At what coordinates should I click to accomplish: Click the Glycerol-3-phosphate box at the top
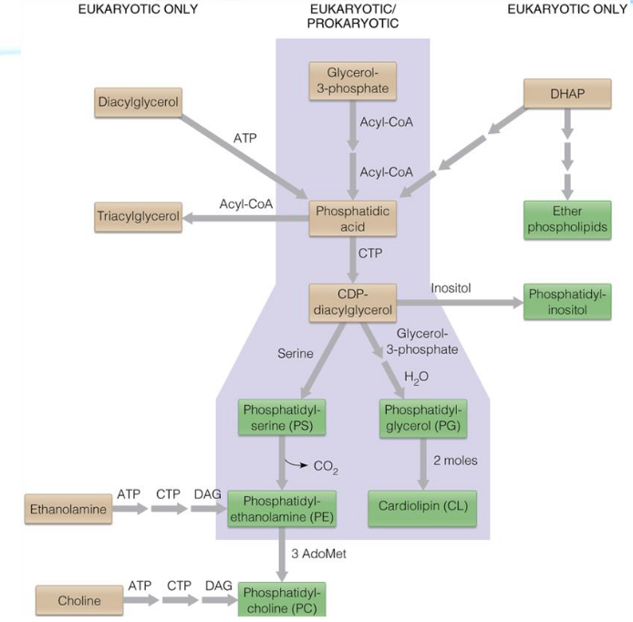tap(351, 80)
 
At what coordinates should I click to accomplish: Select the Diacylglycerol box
tap(139, 102)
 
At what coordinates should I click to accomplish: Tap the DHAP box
tap(566, 94)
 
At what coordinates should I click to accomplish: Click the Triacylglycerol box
tap(138, 217)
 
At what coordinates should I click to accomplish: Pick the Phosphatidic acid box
tap(351, 219)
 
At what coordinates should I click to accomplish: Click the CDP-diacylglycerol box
tap(351, 303)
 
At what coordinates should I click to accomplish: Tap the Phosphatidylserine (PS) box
tap(283, 417)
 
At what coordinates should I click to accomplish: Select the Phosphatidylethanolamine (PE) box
tap(282, 508)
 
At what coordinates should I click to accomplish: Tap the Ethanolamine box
tap(68, 510)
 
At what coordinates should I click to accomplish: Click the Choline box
tap(78, 601)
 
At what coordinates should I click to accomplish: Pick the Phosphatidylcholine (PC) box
tap(282, 599)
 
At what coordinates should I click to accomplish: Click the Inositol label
tap(450, 288)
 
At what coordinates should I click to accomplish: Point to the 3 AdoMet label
tap(317, 555)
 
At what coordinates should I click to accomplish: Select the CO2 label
tap(326, 466)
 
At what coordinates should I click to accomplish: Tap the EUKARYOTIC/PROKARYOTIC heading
tap(352, 16)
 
